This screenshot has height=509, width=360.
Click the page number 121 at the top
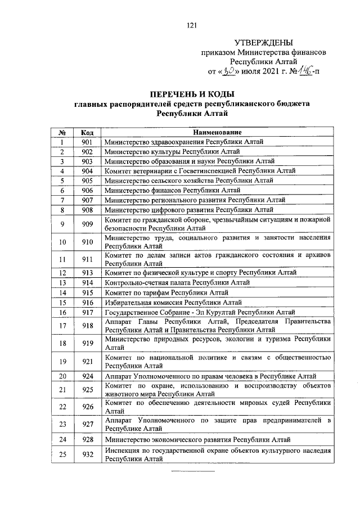[x=191, y=24]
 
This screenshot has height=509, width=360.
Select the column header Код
[x=87, y=132]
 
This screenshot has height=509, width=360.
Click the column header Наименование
[x=217, y=132]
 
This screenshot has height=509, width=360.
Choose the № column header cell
[x=63, y=132]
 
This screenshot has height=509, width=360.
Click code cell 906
[x=87, y=190]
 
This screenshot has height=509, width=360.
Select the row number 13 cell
[x=63, y=282]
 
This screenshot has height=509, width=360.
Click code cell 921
[x=87, y=361]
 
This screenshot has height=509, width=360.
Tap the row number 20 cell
[x=63, y=376]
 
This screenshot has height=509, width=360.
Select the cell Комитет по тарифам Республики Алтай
[x=166, y=292]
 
